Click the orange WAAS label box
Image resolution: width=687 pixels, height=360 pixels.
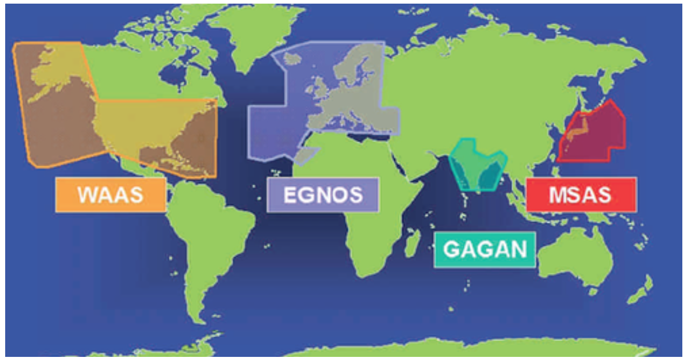tap(111, 195)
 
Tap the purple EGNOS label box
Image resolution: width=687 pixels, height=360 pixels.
tap(323, 195)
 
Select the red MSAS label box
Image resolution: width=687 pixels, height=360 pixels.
tap(581, 195)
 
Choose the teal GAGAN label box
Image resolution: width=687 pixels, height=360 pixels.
tap(485, 249)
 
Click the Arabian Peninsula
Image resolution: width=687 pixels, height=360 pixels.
tap(410, 156)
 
